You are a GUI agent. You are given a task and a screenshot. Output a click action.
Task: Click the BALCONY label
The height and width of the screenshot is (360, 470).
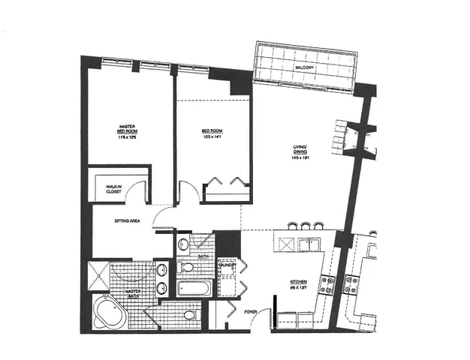[304, 67]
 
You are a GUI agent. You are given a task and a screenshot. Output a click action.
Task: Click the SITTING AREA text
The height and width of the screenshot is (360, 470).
[125, 223]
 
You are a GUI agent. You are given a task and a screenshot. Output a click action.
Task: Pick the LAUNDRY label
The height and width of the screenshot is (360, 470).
[227, 265]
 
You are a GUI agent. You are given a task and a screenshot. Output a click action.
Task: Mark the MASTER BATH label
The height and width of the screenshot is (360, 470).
[134, 292]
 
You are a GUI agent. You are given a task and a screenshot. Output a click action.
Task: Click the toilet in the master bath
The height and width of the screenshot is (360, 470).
[189, 314]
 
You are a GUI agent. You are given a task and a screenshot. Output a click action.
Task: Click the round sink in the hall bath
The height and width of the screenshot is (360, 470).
[185, 243]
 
